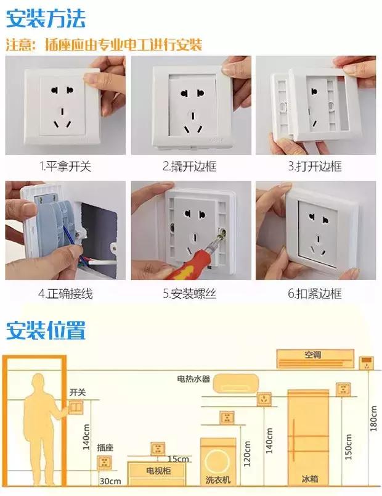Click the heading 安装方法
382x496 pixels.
(x=46, y=18)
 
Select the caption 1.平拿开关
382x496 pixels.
(x=65, y=167)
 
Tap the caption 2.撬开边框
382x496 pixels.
(x=190, y=167)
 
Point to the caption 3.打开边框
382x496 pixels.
(x=314, y=167)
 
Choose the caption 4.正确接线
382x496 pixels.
(x=65, y=294)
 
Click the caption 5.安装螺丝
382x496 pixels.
(x=190, y=294)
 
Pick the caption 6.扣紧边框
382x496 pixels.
(x=314, y=294)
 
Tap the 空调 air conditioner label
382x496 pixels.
(x=313, y=355)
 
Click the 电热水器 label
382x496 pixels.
(x=194, y=379)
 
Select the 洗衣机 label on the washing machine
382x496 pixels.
(x=218, y=479)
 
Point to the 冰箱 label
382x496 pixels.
(x=310, y=479)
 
